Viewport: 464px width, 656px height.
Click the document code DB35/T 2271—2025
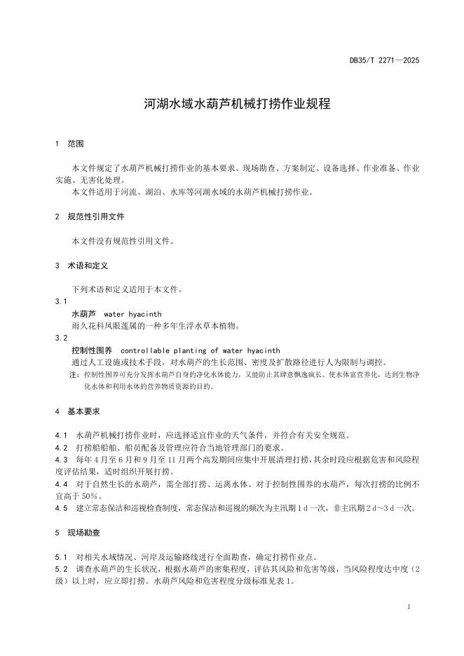385,61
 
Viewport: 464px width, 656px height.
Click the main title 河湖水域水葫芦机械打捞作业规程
231,104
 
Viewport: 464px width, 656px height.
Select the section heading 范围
76,144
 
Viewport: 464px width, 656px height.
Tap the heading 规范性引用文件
95,217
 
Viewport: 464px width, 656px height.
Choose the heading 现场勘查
86,533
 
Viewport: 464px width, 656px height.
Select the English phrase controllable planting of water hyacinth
200,350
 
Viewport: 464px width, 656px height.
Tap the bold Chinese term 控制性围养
91,350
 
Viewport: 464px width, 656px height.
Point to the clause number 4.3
60,459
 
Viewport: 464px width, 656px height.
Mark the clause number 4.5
60,507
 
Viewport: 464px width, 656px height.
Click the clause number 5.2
60,569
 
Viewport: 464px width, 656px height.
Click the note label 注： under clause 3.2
74,375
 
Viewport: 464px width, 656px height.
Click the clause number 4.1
60,435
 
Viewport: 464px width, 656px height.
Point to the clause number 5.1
60,557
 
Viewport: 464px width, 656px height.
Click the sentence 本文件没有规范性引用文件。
123,241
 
